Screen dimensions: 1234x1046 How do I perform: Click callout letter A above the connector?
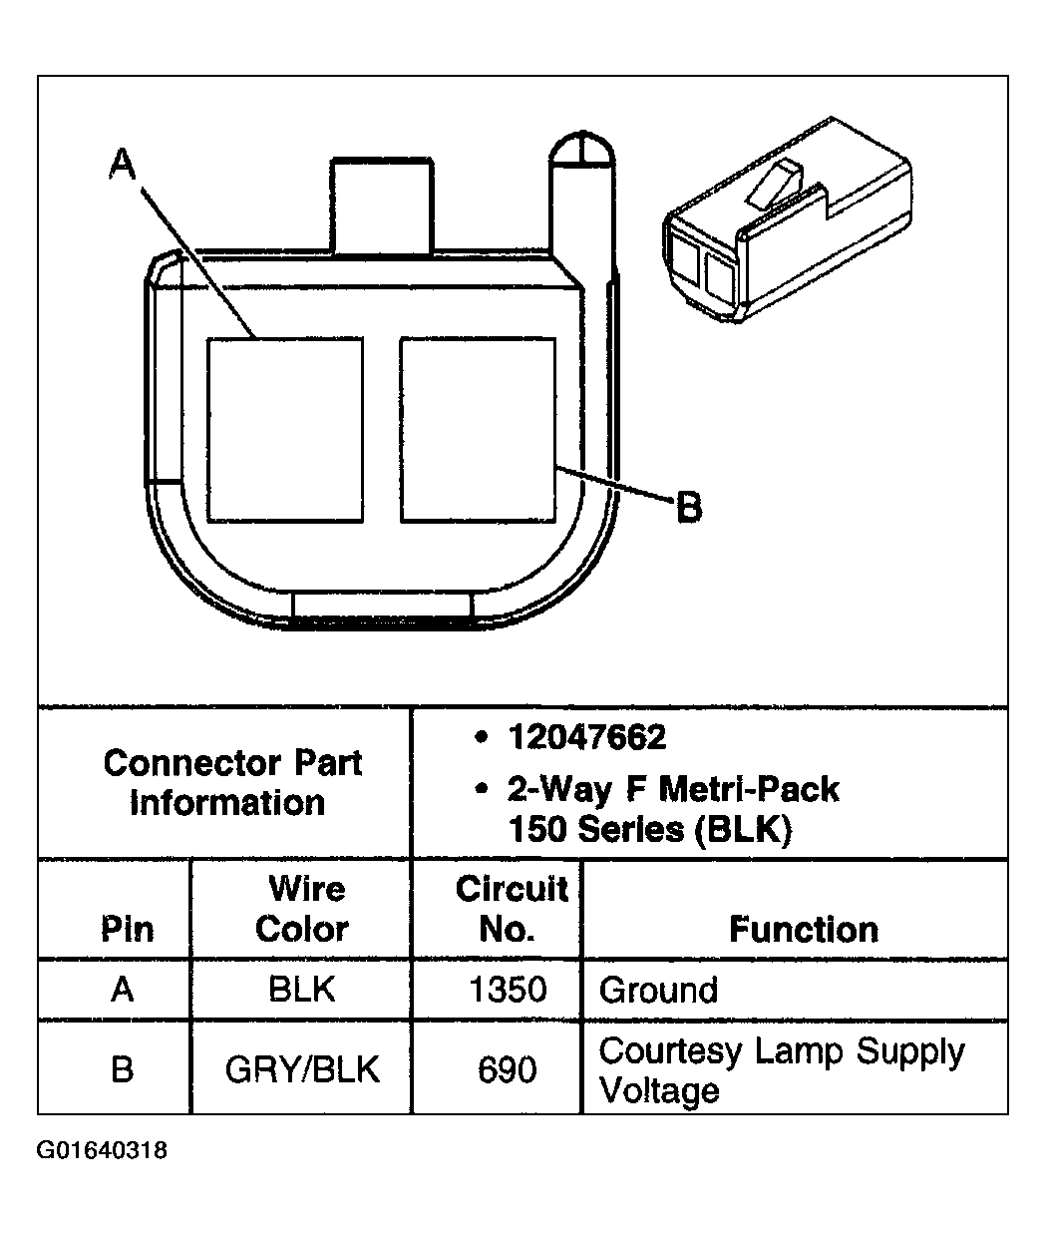click(x=122, y=165)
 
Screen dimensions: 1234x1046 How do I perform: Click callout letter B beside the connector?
click(x=689, y=508)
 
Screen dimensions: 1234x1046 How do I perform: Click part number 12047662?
click(x=586, y=738)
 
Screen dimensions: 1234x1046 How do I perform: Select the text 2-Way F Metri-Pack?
click(x=673, y=789)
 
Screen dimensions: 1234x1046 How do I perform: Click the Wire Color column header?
click(x=302, y=909)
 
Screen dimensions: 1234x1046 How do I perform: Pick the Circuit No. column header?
click(x=510, y=909)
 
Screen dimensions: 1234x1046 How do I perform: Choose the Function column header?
click(x=803, y=929)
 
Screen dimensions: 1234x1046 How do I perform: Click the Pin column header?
click(x=127, y=929)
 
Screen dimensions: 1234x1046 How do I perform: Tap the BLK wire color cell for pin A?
click(x=301, y=990)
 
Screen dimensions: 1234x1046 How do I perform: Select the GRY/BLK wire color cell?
click(x=301, y=1069)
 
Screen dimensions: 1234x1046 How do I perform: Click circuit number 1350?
click(x=509, y=990)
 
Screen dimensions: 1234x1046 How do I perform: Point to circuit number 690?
click(x=509, y=1069)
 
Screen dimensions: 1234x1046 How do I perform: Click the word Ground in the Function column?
click(x=658, y=990)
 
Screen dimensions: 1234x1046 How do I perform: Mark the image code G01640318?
click(x=102, y=1150)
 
